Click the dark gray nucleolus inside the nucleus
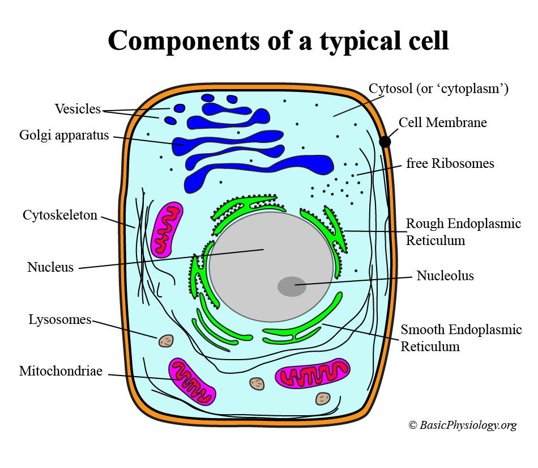click(292, 286)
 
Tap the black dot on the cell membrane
click(385, 141)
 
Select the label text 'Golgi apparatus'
click(64, 136)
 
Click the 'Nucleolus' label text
click(445, 276)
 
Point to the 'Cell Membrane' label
click(443, 123)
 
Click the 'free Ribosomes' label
click(450, 164)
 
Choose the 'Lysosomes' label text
click(60, 320)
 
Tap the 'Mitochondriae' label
click(61, 372)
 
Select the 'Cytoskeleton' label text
click(60, 216)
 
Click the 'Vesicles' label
click(78, 109)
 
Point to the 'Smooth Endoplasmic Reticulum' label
click(461, 338)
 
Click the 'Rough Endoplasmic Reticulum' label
click(463, 232)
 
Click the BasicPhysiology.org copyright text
click(463, 425)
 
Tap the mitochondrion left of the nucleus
click(168, 229)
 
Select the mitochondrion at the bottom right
click(313, 375)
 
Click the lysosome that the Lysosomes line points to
click(166, 340)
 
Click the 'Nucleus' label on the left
click(50, 267)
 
